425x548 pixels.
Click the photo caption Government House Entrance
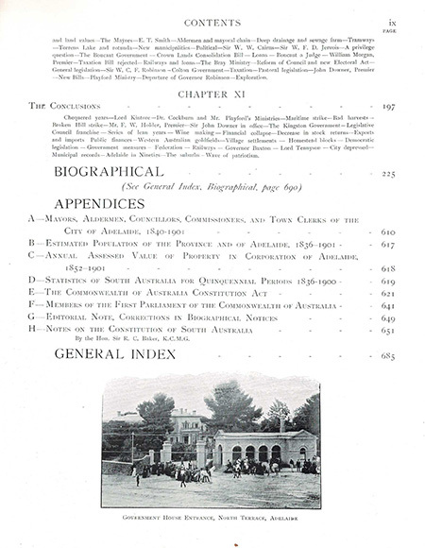coord(212,519)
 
